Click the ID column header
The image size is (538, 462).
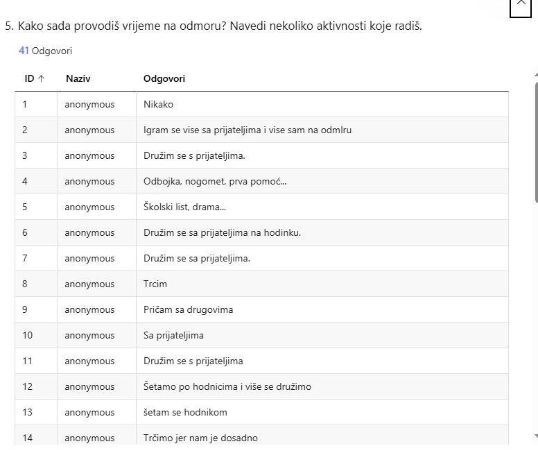(x=29, y=78)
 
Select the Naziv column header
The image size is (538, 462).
(x=78, y=78)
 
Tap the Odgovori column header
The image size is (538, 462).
(x=164, y=78)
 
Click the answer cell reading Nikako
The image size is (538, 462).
(x=158, y=104)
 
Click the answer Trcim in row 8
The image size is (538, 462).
(x=155, y=284)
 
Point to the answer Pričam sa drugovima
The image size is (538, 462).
(x=188, y=309)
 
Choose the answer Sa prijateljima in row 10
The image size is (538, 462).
(x=173, y=335)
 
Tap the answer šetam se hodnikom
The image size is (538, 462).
(x=185, y=412)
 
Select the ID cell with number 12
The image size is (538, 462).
(x=27, y=386)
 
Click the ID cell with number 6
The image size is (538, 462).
(x=25, y=232)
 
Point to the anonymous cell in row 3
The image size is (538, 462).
(x=89, y=155)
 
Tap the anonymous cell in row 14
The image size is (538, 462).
(x=89, y=438)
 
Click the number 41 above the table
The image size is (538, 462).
(x=24, y=51)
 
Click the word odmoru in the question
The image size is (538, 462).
(x=205, y=26)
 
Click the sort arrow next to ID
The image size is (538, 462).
(x=41, y=78)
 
